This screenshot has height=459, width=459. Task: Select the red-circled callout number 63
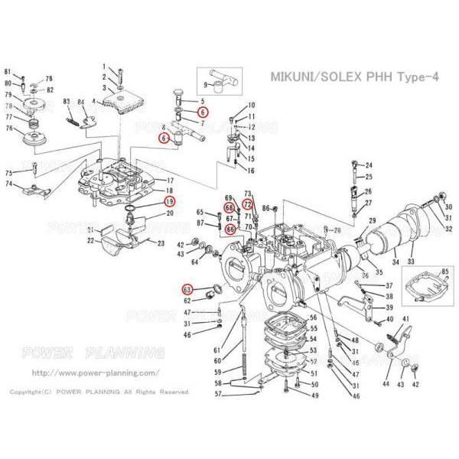(x=187, y=289)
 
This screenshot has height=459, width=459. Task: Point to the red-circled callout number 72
(x=248, y=204)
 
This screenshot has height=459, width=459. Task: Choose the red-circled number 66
(x=229, y=228)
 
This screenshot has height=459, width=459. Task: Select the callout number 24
(x=369, y=165)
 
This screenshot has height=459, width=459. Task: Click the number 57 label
(x=217, y=394)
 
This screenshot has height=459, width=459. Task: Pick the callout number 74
(x=9, y=184)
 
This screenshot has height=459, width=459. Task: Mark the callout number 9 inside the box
(x=206, y=84)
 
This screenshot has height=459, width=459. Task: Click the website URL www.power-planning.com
(x=96, y=373)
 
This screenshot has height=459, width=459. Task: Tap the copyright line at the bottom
(x=99, y=392)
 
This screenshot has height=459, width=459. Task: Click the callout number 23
(x=161, y=243)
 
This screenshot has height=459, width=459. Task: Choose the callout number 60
(x=217, y=360)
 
